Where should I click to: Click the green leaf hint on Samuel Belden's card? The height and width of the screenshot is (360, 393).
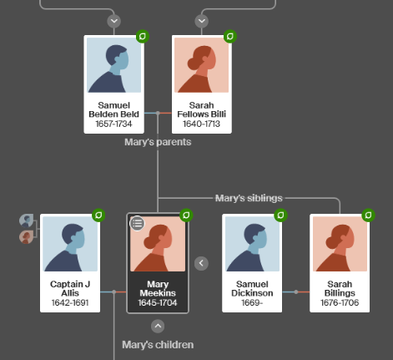coord(143,37)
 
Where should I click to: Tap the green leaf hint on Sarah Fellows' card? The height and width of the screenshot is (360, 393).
coord(230,37)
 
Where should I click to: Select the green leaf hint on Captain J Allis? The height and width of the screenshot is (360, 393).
coord(98,215)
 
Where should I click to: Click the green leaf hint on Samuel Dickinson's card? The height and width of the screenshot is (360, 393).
coord(280,215)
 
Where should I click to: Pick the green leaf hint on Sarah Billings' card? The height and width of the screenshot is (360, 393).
coord(368,215)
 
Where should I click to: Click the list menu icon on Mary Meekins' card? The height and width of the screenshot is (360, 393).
coord(138,223)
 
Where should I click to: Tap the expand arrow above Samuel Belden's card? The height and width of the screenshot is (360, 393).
coord(114,21)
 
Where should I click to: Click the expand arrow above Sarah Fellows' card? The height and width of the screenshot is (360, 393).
coord(202,21)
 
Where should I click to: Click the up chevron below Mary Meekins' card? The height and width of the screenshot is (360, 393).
coord(158,326)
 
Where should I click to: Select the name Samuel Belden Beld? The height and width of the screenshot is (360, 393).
coord(113,109)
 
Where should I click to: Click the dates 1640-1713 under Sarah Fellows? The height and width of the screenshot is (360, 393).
coord(201,124)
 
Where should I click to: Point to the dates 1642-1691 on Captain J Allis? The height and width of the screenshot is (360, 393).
coord(70,302)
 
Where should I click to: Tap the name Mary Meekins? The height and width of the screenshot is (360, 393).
coord(158,288)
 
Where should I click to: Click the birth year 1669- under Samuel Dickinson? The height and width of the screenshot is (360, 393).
coord(252,302)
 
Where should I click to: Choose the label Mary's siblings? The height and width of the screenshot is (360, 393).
coord(249,198)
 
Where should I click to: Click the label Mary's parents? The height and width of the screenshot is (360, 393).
coord(158,142)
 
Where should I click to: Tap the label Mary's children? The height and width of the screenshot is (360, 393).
coord(158,345)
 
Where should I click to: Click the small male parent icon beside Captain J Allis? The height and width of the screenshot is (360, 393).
coord(27,221)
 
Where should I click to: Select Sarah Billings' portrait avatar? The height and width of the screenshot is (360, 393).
coord(340,244)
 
